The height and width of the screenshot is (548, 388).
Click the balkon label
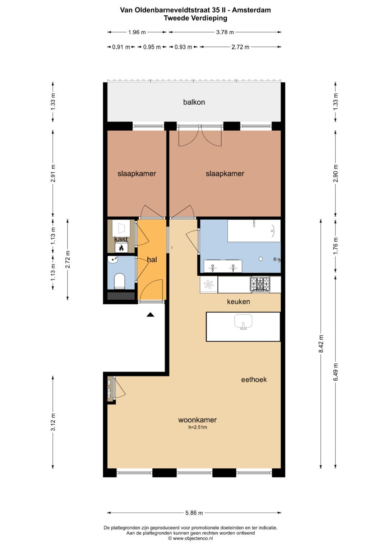(194, 102)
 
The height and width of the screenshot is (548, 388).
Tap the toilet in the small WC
(120, 281)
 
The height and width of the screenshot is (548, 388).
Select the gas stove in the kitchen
(260, 284)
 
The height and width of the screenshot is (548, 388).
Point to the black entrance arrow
(151, 315)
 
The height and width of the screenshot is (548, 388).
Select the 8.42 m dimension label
(321, 344)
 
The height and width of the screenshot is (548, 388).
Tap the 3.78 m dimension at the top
(225, 32)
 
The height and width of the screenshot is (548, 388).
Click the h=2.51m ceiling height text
(198, 427)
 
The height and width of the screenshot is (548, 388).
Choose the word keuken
(238, 302)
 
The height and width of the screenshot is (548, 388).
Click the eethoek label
(254, 379)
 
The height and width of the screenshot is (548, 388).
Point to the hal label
(152, 259)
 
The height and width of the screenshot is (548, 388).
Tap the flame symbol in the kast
(121, 248)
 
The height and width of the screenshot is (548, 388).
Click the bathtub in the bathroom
(254, 231)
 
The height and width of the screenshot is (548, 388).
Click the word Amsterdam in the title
(251, 10)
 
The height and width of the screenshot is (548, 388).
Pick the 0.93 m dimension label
(183, 47)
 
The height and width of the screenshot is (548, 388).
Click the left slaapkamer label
(137, 174)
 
